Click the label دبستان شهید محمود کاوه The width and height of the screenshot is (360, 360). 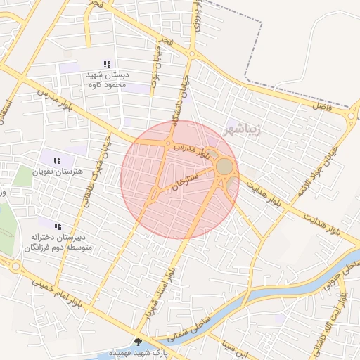coord(106,79)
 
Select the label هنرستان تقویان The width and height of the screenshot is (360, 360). coord(58,172)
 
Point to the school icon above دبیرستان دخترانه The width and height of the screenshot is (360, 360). coord(58,226)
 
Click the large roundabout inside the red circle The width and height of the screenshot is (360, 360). coord(224,167)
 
